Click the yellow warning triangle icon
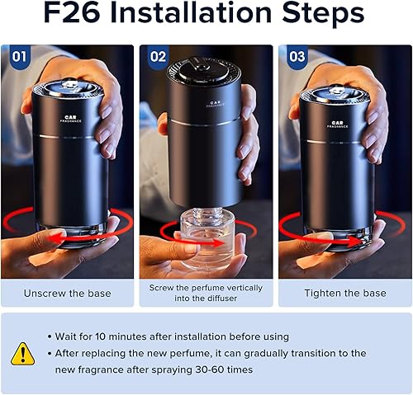[23, 353]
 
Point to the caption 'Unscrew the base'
[68, 293]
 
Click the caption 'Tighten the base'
[344, 293]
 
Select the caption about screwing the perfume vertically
[206, 293]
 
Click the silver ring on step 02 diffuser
[206, 124]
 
